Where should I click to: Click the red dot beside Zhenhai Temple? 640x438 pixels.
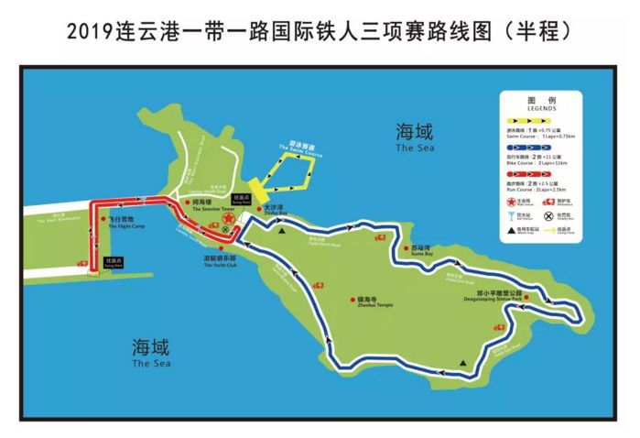pos(353,300)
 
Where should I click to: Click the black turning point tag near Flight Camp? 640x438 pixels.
pos(114,261)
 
